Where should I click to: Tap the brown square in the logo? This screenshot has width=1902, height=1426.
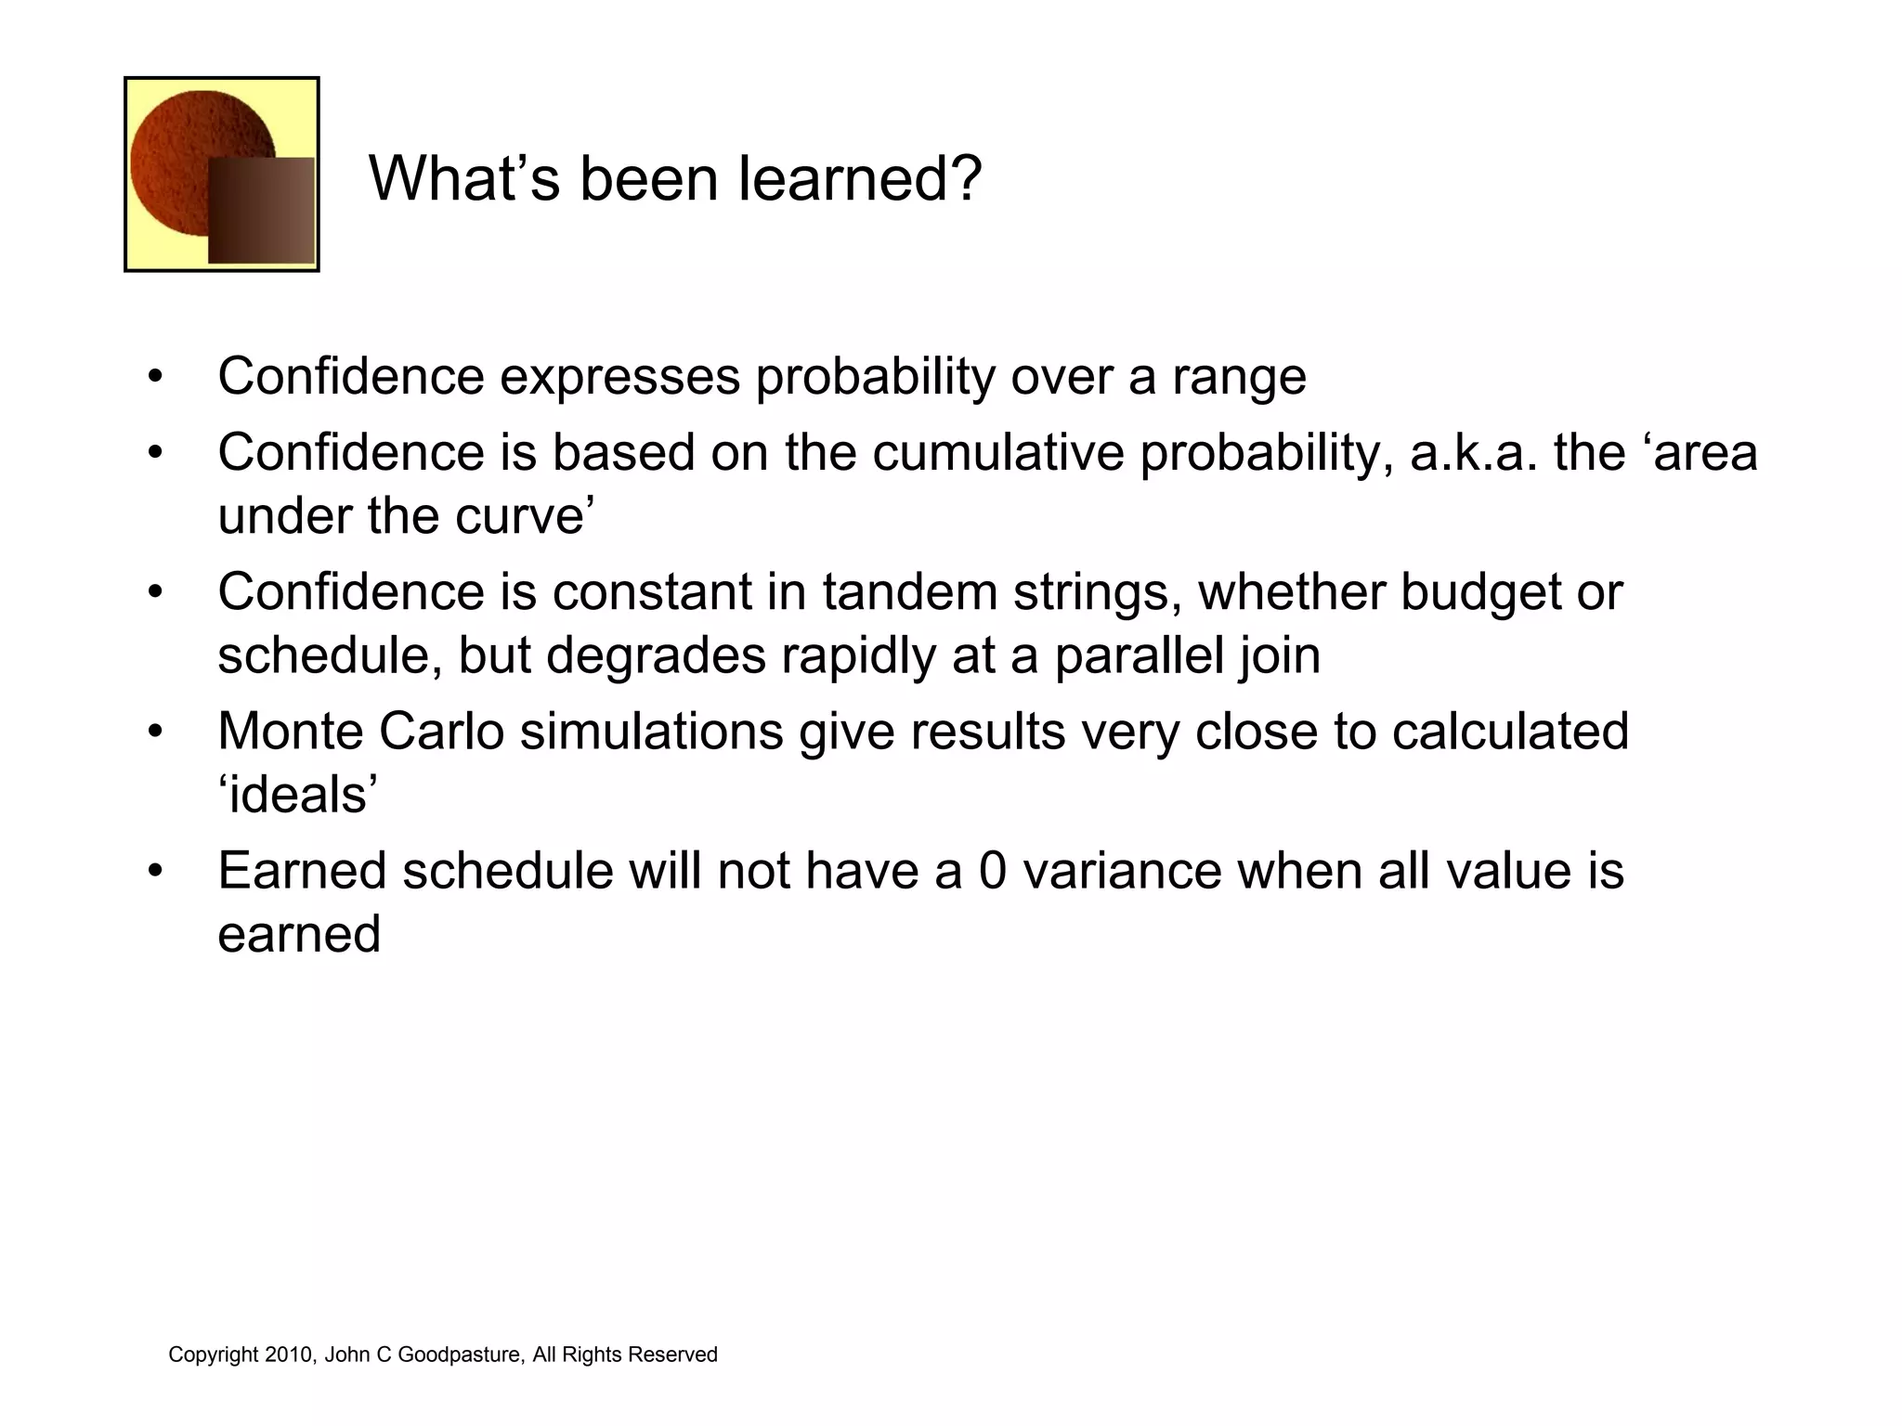[x=261, y=211]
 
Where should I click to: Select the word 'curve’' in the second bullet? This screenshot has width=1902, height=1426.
[x=539, y=516]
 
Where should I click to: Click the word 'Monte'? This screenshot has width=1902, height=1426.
[x=291, y=732]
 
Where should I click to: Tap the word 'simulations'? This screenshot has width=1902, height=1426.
[x=652, y=732]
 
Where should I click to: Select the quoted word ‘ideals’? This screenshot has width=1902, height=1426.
[x=298, y=795]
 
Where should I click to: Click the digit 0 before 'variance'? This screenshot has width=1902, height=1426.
[x=992, y=871]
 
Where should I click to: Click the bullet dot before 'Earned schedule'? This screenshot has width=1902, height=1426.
[x=155, y=871]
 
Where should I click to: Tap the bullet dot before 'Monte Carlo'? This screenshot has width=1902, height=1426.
[x=155, y=732]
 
